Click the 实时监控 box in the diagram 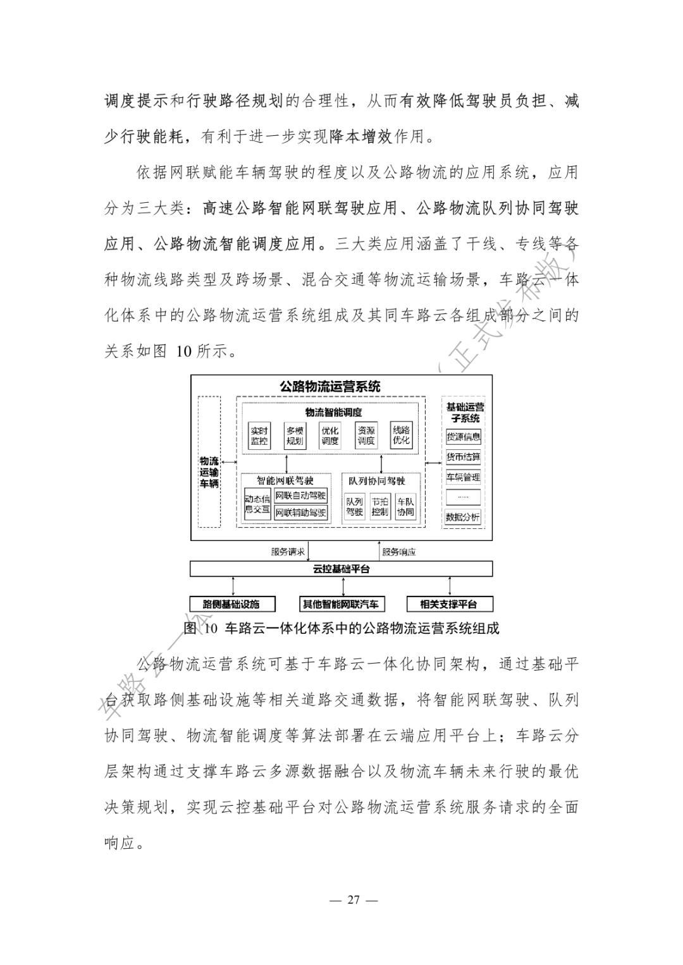(259, 435)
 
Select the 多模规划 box (295, 435)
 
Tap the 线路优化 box (401, 435)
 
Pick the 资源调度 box (366, 435)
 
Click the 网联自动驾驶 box (301, 495)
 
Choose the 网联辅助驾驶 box (301, 513)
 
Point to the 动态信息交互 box (257, 504)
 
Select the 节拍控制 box (380, 507)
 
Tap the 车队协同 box (405, 507)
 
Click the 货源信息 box (463, 437)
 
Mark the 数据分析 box (463, 517)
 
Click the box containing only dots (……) (463, 497)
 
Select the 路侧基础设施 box (233, 604)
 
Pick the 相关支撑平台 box (449, 604)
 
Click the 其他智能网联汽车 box (341, 604)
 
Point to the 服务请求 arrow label (288, 552)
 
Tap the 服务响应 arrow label (399, 552)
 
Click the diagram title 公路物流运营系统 (330, 386)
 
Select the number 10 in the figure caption (211, 629)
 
